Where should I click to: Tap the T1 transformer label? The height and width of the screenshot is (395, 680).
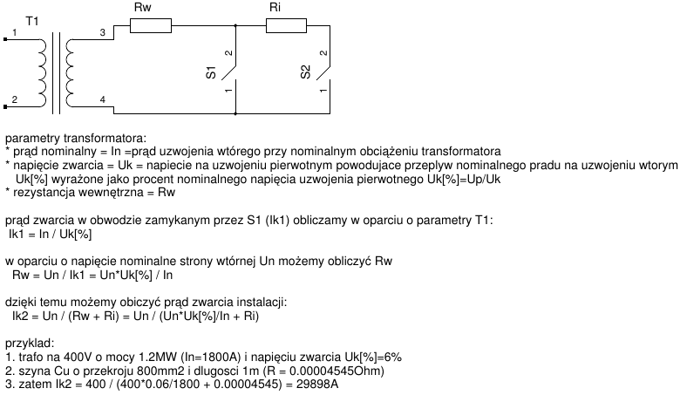[x=32, y=19]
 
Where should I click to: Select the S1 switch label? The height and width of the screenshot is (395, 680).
[x=211, y=73]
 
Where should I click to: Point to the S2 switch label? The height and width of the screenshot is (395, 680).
[x=305, y=73]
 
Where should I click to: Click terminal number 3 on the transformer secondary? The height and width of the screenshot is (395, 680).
[x=102, y=32]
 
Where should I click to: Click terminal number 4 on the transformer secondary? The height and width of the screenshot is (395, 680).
[x=102, y=100]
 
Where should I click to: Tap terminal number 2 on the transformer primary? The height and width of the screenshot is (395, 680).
[x=13, y=100]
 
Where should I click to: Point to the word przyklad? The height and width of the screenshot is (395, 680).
[x=30, y=344]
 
